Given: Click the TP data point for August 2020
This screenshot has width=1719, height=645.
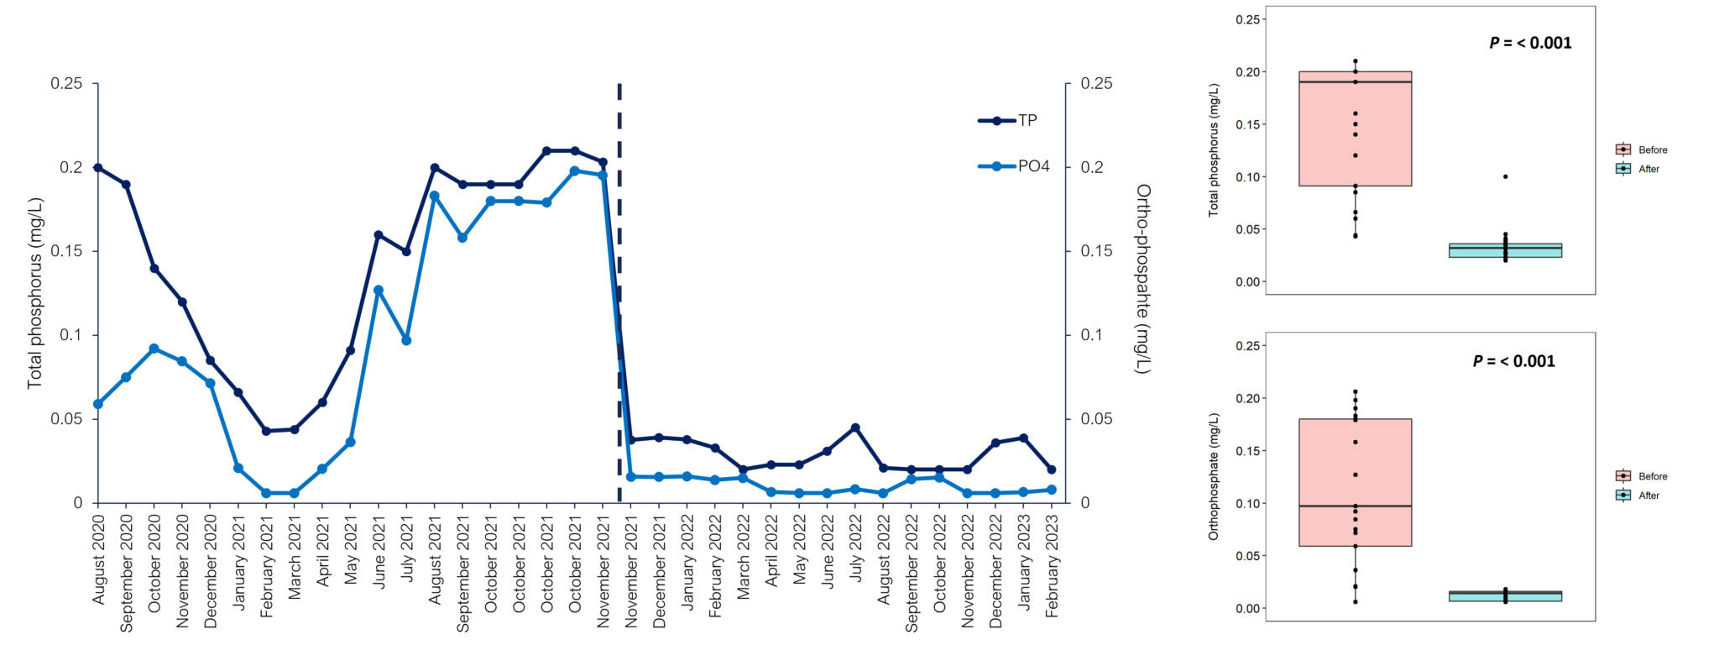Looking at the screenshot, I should click(98, 168).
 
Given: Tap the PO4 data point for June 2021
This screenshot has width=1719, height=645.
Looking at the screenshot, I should click(379, 291).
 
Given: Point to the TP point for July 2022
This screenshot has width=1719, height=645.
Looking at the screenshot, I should click(855, 428).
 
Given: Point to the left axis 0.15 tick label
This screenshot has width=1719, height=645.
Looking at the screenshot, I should click(66, 251).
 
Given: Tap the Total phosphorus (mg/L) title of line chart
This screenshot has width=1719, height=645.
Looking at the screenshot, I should click(34, 293).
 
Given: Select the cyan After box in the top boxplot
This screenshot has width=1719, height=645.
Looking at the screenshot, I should click(1505, 250).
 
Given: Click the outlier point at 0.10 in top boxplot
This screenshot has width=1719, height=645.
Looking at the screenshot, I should click(1506, 176).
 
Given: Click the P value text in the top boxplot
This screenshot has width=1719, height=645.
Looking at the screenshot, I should click(1530, 43).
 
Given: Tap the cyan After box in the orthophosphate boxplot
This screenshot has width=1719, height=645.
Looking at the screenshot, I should click(1505, 596).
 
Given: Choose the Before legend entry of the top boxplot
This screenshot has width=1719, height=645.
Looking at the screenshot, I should click(1642, 149).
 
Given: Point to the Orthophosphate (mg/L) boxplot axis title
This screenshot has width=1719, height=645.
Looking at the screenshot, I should click(1213, 475).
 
